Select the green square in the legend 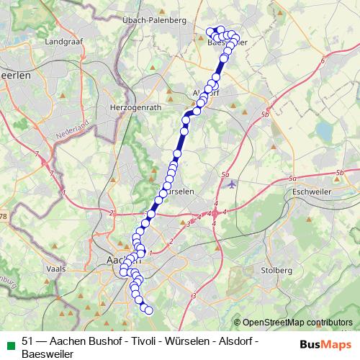tap(9, 342)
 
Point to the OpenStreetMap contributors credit tap(295, 323)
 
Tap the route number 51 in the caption tap(28, 341)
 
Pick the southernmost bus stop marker tap(150, 310)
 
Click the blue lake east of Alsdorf tap(323, 132)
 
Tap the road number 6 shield tap(323, 60)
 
